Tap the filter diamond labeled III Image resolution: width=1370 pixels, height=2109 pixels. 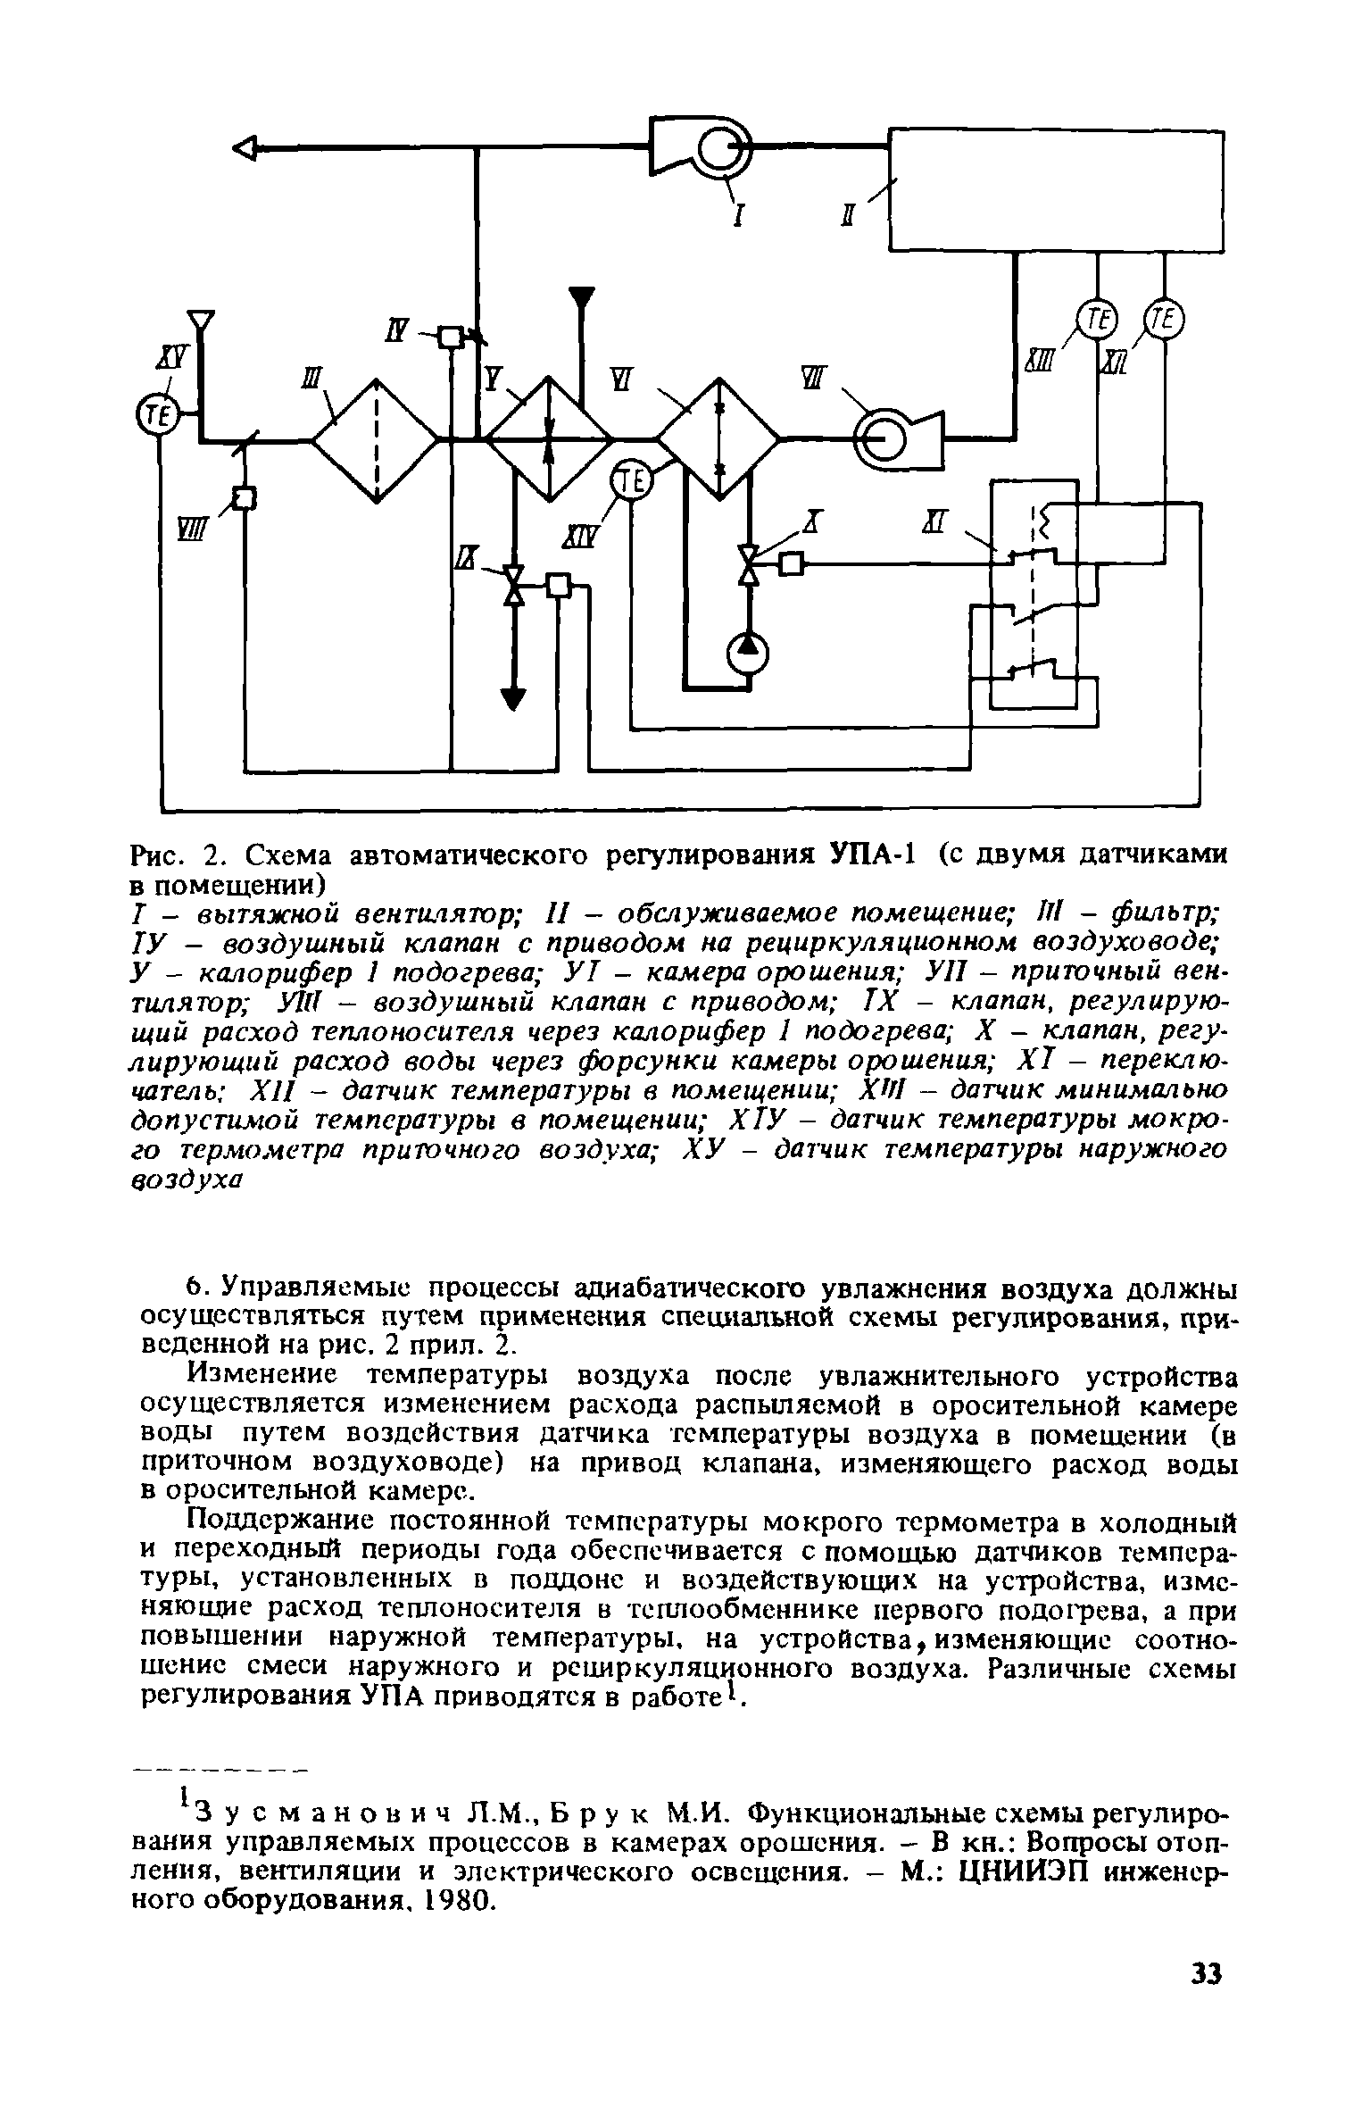(376, 439)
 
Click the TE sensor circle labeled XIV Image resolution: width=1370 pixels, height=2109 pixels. (631, 483)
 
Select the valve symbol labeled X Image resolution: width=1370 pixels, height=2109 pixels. (750, 564)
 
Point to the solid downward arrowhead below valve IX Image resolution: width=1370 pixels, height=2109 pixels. (513, 698)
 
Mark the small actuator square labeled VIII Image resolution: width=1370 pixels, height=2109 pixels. (244, 497)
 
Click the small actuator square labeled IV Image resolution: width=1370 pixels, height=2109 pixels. (452, 337)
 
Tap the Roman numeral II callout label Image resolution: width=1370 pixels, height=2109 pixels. (848, 215)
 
